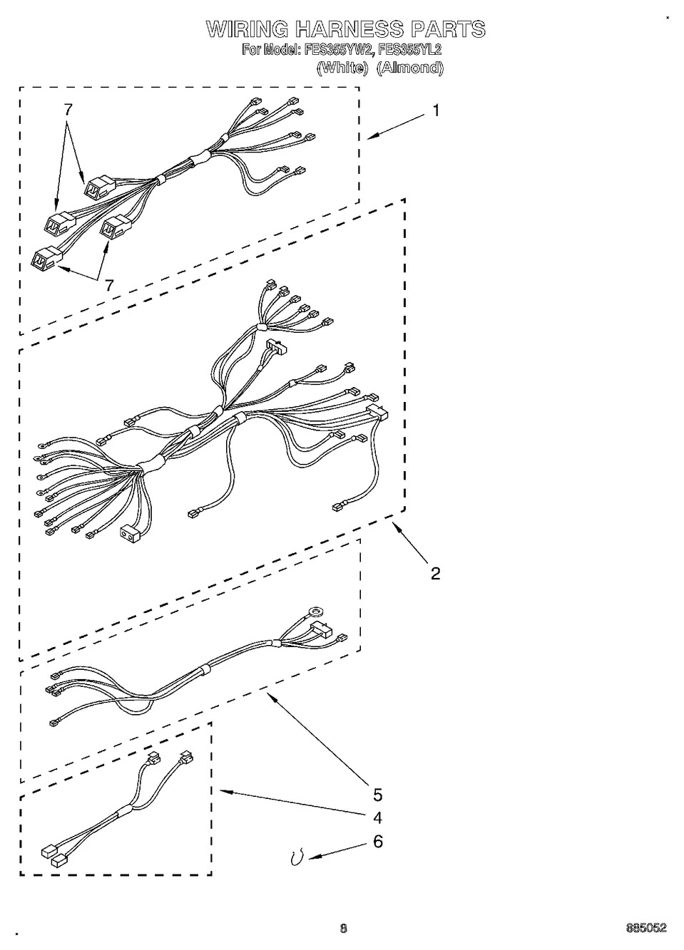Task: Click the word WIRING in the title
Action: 247,29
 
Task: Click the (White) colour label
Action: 342,68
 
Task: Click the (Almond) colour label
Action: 410,68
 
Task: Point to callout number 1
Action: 436,111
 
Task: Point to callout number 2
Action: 435,574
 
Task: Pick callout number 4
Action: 377,817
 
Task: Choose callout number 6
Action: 377,841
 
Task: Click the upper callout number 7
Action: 68,110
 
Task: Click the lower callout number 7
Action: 109,285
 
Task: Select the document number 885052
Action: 646,926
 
